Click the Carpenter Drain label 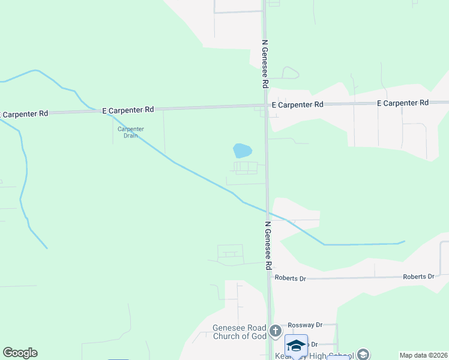pos(130,132)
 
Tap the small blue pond pos(242,150)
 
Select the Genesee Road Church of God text pos(240,332)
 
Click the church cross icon pos(275,331)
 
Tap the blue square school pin pos(296,346)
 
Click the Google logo pos(20,353)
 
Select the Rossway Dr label pos(306,325)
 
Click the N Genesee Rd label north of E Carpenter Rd pos(264,63)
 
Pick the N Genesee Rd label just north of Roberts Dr pos(269,246)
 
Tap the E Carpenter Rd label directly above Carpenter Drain pos(128,110)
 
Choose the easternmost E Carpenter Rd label pos(402,103)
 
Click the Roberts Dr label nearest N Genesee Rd pos(291,278)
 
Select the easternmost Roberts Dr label pos(418,277)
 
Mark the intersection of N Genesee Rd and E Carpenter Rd pos(265,106)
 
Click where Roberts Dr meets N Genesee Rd pos(270,279)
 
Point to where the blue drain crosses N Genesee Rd pos(268,212)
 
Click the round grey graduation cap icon pos(363,355)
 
